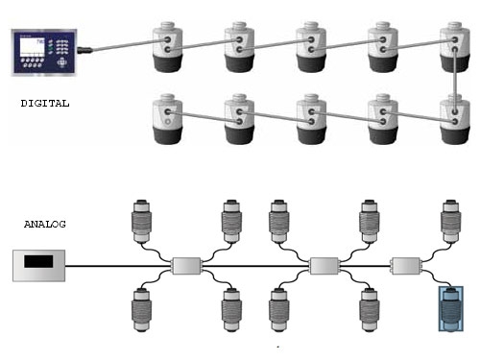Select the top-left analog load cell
[142, 222]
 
